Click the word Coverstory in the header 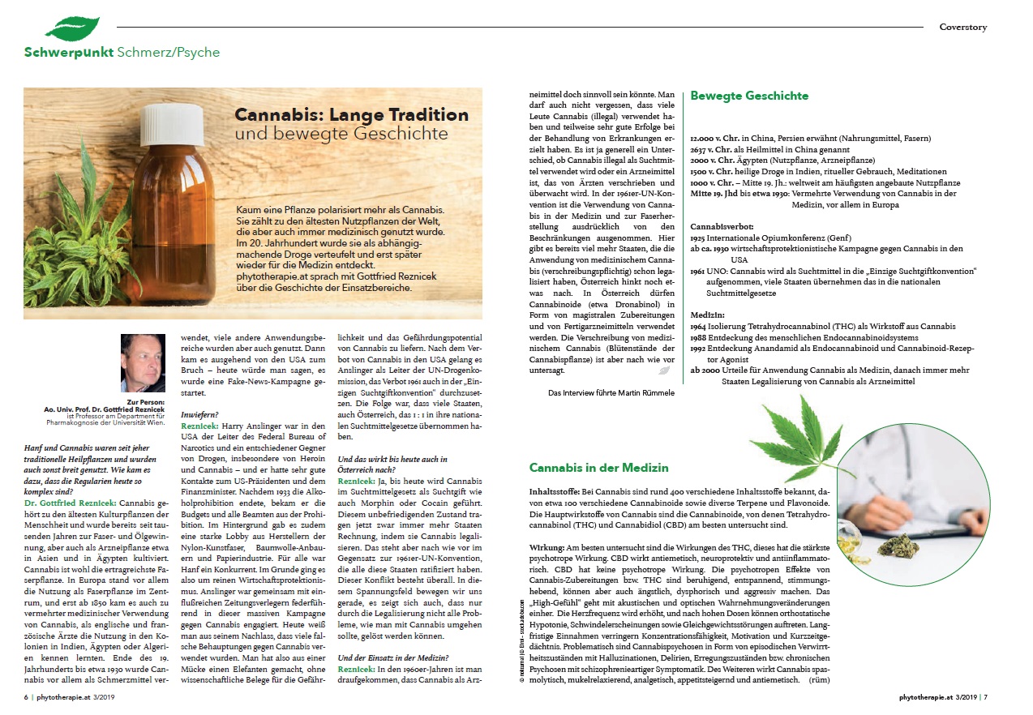(962, 27)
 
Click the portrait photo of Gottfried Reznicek (142, 362)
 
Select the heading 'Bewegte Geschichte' (748, 96)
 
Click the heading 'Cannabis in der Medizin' (598, 468)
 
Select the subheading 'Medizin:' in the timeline (708, 313)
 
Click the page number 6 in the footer (27, 696)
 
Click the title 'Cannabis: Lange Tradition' (351, 115)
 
